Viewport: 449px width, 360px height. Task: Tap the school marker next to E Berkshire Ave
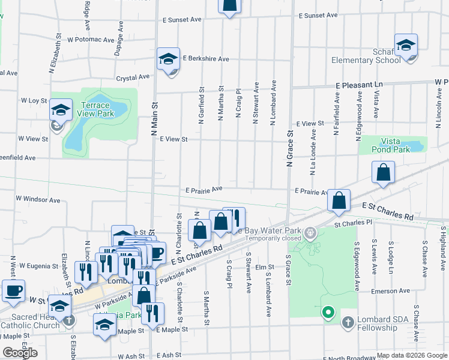pyautogui.click(x=168, y=58)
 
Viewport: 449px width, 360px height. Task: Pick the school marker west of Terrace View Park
pyautogui.click(x=60, y=109)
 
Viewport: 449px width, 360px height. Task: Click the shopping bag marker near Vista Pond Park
pyautogui.click(x=383, y=173)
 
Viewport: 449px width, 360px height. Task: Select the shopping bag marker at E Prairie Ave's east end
pyautogui.click(x=339, y=201)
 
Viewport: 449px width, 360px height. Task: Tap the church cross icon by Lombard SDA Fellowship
pyautogui.click(x=348, y=323)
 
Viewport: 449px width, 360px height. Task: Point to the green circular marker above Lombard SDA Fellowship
pyautogui.click(x=328, y=312)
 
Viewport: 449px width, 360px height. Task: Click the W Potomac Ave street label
pyautogui.click(x=91, y=40)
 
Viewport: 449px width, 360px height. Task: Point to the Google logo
pyautogui.click(x=20, y=353)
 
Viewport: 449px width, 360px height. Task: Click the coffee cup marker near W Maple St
pyautogui.click(x=13, y=291)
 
